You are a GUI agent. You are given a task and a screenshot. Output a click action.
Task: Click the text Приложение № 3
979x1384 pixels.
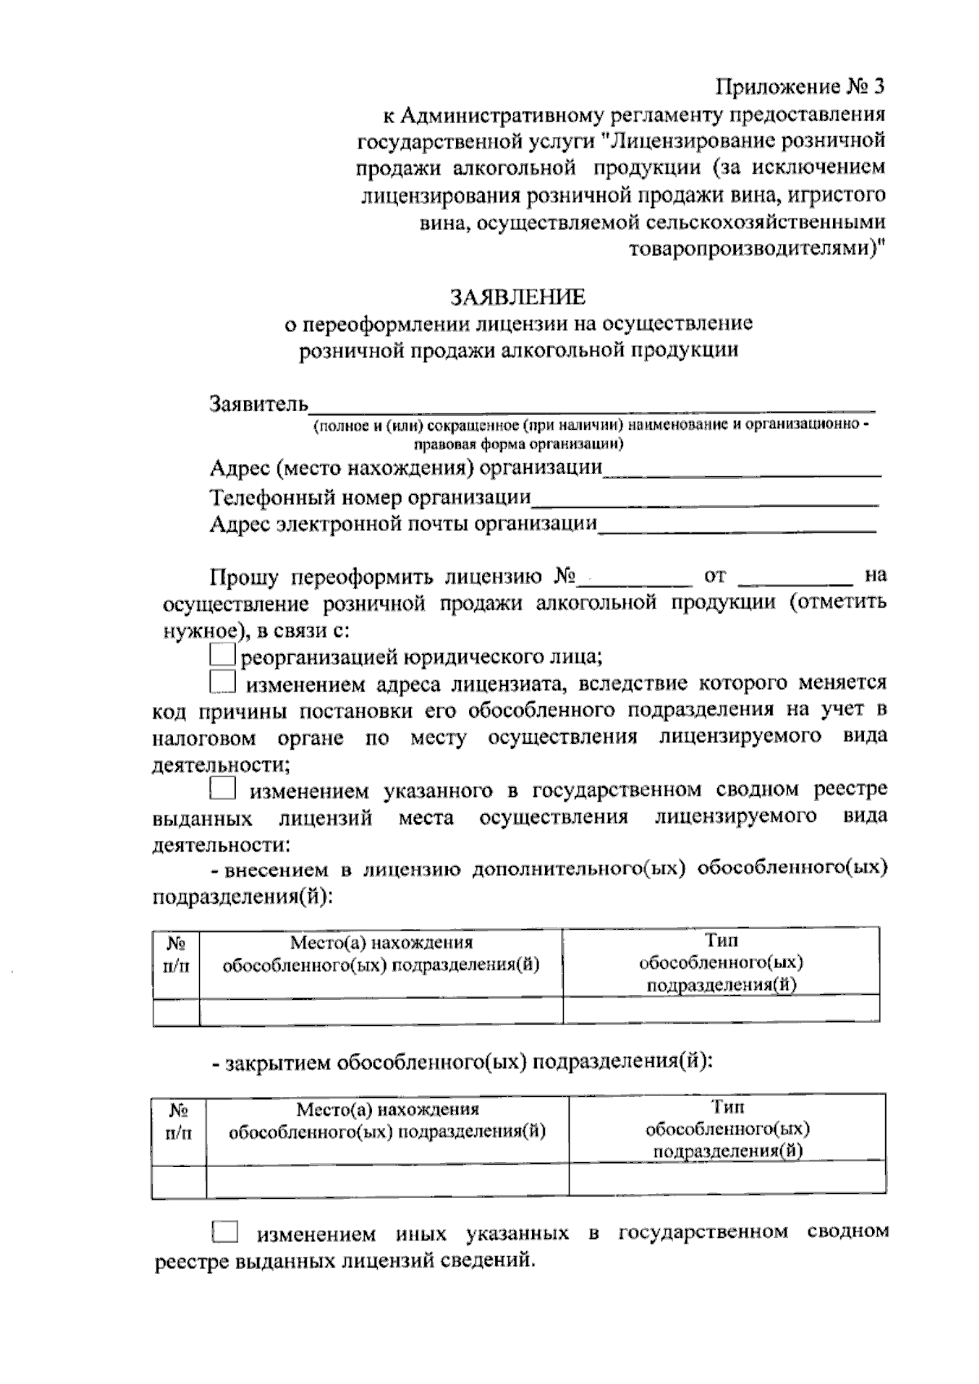click(800, 86)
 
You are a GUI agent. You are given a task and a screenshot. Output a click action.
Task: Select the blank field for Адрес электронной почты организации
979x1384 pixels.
click(738, 524)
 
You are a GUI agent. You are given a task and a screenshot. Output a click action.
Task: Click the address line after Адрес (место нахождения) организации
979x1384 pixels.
click(742, 469)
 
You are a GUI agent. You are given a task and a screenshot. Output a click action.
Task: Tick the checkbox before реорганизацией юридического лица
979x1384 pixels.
click(222, 655)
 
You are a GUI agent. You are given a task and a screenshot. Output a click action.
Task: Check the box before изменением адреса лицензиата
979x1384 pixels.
click(222, 681)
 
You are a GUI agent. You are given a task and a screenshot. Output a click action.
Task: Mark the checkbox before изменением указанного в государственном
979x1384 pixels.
click(222, 789)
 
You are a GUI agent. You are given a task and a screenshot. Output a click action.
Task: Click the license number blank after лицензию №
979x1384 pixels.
click(634, 577)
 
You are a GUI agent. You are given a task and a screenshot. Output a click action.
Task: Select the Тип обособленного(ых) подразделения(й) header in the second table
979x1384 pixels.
click(727, 1130)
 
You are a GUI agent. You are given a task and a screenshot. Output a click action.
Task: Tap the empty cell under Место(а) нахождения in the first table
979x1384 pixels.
click(380, 1010)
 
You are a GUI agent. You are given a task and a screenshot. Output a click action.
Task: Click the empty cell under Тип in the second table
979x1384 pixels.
click(727, 1178)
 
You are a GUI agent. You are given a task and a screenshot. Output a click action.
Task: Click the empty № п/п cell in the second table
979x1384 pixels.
click(179, 1180)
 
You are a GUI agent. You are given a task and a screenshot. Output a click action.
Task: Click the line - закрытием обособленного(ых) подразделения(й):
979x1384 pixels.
click(462, 1063)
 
